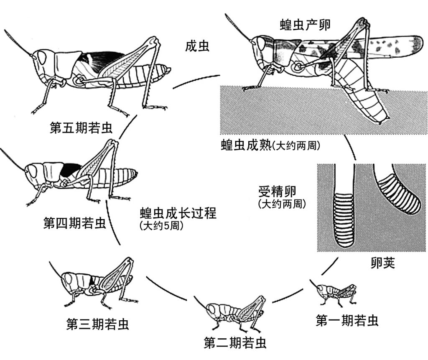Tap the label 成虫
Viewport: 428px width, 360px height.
point(197,46)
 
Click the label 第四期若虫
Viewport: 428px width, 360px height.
point(75,223)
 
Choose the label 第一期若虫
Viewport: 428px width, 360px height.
point(347,320)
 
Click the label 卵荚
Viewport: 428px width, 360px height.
point(383,264)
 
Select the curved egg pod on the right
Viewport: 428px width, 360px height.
point(397,192)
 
